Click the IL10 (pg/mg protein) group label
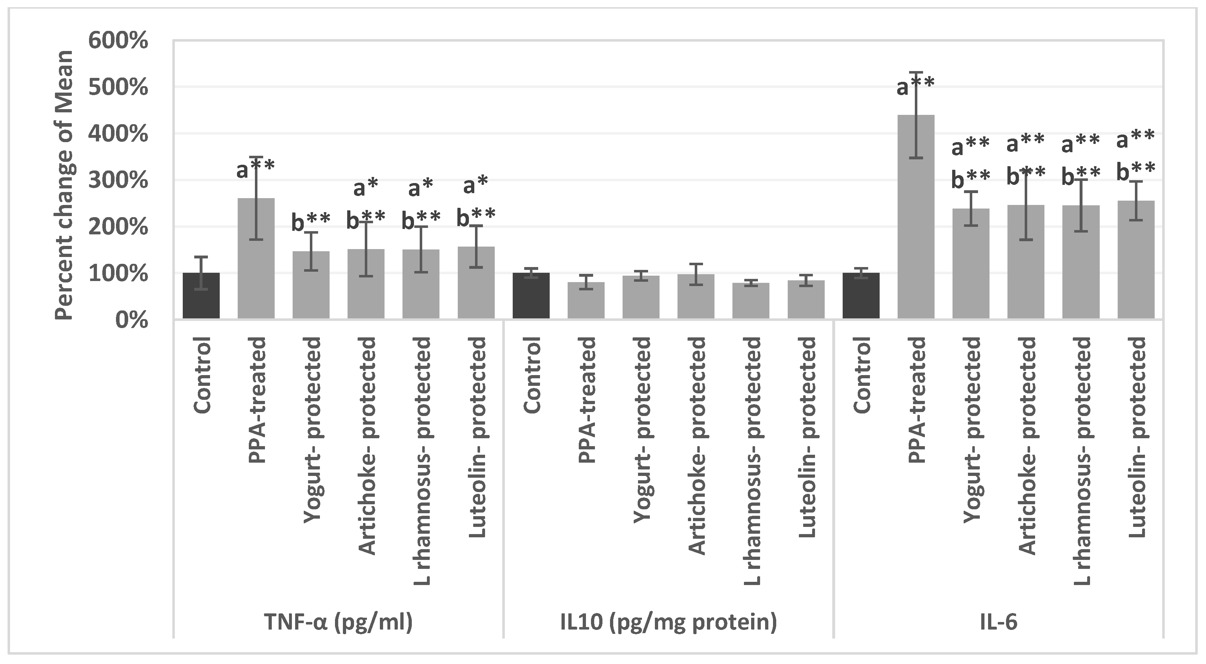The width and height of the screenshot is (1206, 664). pos(668,622)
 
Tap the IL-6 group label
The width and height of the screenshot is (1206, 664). pos(998,622)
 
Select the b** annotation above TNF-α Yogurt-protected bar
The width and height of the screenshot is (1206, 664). pos(311,222)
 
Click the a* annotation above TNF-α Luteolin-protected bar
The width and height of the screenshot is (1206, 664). pos(476,186)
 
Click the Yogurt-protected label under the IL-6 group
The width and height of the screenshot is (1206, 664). pos(972,429)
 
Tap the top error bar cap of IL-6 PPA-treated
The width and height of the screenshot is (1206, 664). pos(916,72)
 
